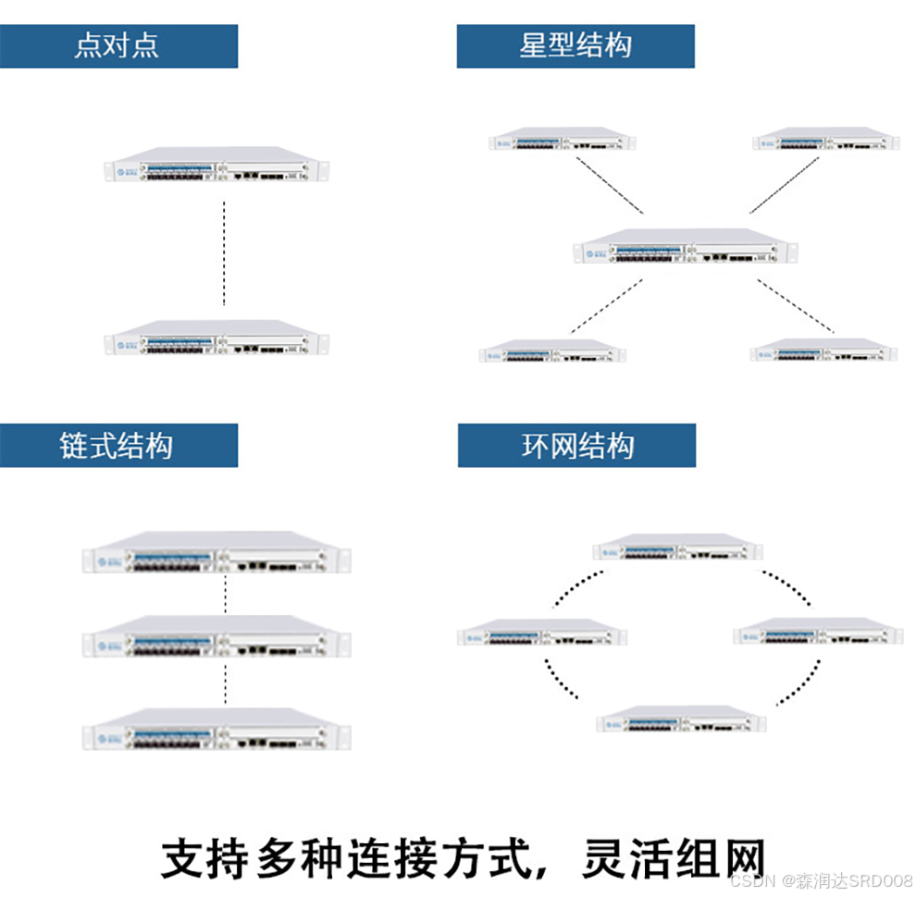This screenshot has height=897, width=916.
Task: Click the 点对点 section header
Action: click(118, 46)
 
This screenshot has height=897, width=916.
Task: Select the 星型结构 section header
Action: click(576, 46)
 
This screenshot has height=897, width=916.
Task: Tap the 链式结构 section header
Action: click(118, 446)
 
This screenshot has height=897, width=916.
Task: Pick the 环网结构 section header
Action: click(576, 446)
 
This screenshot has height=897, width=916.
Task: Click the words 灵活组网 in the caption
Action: click(673, 858)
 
